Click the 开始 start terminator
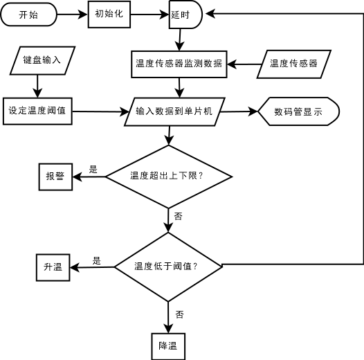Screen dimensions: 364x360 [29, 15]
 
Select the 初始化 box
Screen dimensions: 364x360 [109, 15]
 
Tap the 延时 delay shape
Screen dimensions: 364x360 [185, 15]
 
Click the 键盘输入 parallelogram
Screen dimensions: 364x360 [42, 61]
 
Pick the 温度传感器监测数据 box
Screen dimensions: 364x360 [179, 64]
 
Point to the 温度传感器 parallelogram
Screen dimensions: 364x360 [293, 64]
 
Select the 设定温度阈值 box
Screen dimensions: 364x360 [37, 111]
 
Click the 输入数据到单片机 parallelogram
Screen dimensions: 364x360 [174, 111]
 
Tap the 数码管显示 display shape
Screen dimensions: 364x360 [298, 111]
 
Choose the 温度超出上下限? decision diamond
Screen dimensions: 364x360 [169, 177]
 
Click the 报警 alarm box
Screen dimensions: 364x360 [55, 177]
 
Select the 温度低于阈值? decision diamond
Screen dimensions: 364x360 [168, 267]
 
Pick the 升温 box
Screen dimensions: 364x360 [53, 267]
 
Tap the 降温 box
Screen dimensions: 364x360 [168, 346]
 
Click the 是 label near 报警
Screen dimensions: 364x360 [93, 170]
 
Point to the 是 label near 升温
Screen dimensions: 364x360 [97, 260]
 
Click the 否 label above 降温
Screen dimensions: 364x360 [179, 314]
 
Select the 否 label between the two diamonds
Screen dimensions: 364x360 [178, 216]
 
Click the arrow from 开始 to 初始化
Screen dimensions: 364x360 [72, 15]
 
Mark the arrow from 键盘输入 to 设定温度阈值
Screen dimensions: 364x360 [37, 86]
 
